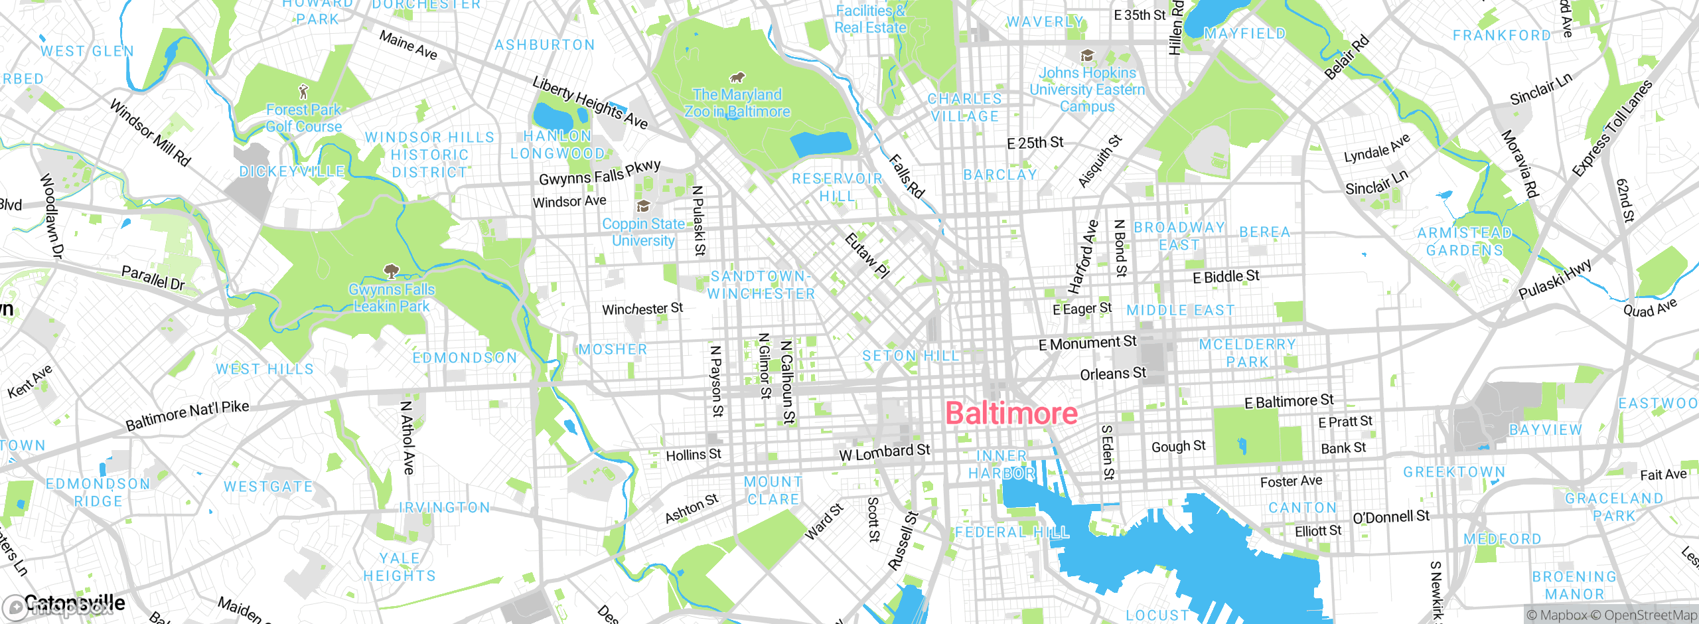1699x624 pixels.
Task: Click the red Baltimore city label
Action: (1011, 414)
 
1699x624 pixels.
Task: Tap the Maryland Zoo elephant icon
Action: (737, 78)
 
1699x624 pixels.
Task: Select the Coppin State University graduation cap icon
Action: (642, 206)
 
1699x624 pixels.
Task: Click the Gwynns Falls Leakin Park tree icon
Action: (392, 271)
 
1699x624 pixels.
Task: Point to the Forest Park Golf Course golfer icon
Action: (303, 92)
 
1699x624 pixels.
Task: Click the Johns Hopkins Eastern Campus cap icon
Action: (1087, 56)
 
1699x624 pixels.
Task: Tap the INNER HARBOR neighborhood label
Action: (1001, 464)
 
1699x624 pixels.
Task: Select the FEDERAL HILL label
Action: (1012, 532)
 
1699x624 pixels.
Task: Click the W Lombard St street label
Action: (884, 453)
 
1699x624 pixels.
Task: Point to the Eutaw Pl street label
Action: (867, 255)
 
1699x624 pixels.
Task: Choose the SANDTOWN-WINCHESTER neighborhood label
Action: (761, 285)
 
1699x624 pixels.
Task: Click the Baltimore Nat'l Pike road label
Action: (187, 415)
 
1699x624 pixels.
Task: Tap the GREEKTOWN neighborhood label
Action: (1454, 472)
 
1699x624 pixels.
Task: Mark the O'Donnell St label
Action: (1391, 516)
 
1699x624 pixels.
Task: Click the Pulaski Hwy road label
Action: (1555, 279)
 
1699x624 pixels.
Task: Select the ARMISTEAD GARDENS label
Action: (1464, 242)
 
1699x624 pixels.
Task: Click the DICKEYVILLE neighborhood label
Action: (292, 171)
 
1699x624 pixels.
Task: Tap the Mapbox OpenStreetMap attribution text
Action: (1611, 615)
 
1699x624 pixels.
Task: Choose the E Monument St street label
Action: (1087, 343)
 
